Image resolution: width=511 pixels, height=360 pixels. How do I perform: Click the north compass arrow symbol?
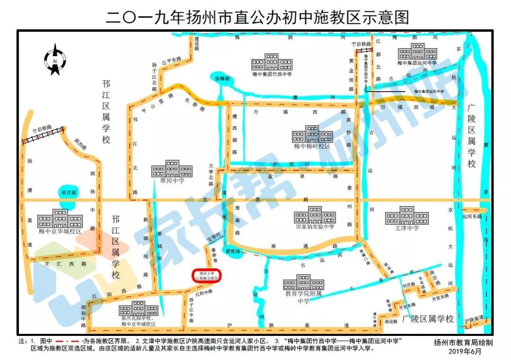55,59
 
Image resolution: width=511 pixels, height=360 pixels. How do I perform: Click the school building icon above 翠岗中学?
172,169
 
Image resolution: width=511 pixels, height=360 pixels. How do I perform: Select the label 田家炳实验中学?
315,227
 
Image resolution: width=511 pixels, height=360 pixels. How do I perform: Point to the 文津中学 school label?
406,228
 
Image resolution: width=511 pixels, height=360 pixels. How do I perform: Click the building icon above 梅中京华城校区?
60,219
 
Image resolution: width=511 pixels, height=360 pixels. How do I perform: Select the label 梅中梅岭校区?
312,146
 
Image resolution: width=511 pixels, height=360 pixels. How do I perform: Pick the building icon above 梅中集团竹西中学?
272,62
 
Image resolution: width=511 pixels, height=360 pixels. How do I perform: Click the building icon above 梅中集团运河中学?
417,52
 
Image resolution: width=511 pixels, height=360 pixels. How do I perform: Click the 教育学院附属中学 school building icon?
303,283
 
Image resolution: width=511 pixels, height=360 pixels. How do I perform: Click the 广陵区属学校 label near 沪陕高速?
428,319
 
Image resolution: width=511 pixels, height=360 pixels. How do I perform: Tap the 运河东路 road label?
472,216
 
